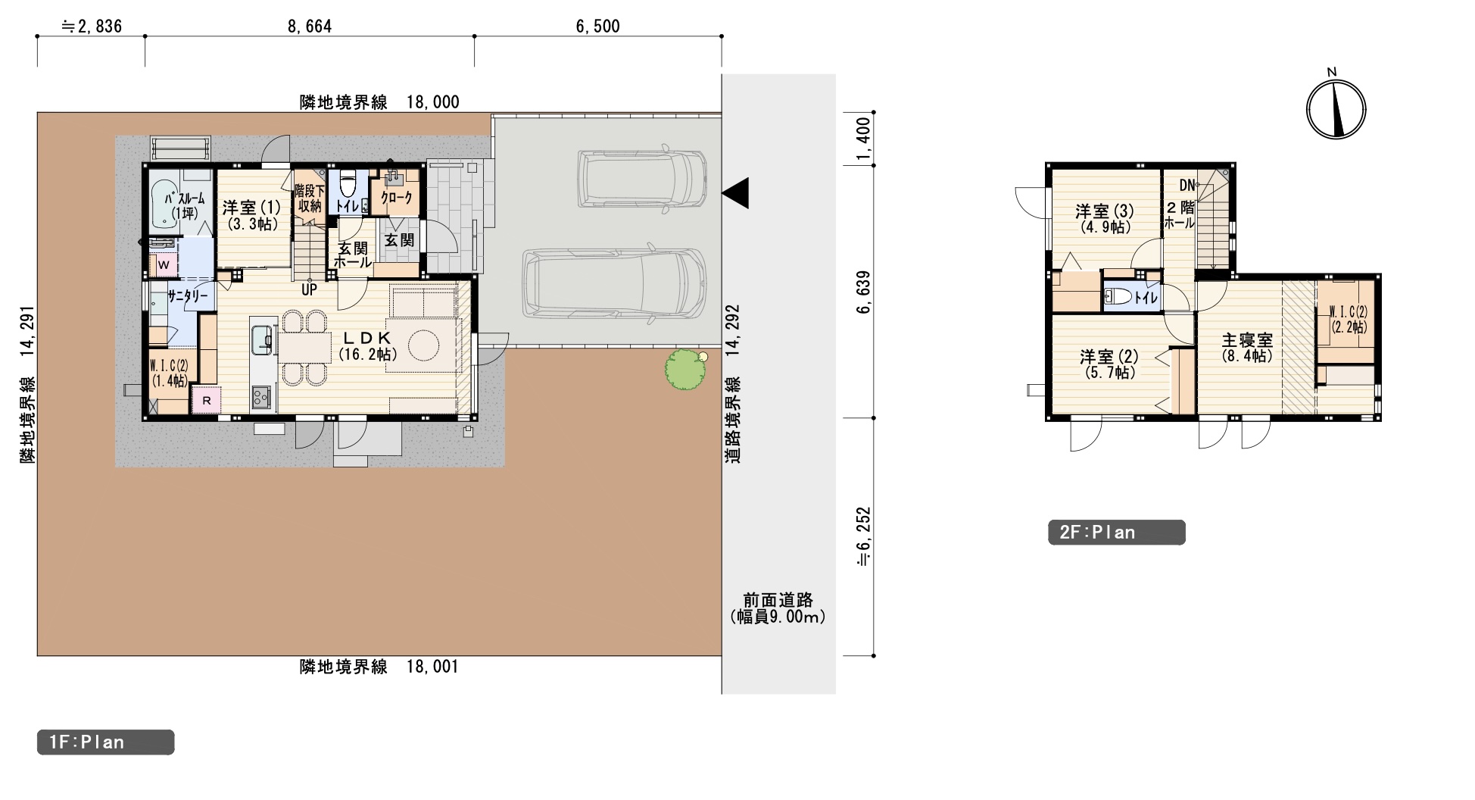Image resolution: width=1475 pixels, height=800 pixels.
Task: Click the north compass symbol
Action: point(1336,108)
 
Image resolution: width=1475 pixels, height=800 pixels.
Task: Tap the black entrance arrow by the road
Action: point(735,192)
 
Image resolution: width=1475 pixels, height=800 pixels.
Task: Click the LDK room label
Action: point(367,338)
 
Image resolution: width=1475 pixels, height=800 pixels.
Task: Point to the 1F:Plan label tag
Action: point(105,742)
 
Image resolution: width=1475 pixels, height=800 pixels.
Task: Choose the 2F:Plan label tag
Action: point(1116,533)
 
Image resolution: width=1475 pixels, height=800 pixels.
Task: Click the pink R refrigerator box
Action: point(206,400)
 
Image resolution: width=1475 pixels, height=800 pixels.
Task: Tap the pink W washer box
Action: point(164,265)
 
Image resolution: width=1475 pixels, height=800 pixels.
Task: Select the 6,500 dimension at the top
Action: point(598,27)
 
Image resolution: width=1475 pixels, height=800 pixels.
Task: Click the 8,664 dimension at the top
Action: point(310,27)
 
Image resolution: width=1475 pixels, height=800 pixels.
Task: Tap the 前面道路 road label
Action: point(778,600)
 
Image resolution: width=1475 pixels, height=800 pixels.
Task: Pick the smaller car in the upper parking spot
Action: point(642,179)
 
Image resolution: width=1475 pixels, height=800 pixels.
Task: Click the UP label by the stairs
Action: point(310,289)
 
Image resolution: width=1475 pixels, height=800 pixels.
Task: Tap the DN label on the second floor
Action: point(1187,185)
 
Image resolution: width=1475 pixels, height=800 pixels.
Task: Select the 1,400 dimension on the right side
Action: point(864,140)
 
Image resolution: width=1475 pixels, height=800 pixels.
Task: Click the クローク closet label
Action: point(396,198)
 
